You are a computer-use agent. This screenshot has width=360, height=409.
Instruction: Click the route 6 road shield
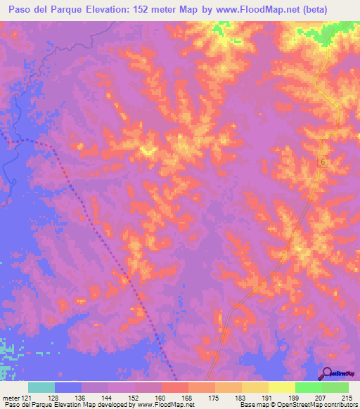[323, 162]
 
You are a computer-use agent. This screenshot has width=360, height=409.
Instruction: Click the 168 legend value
[188, 397]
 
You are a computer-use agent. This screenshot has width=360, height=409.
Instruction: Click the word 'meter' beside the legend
[11, 397]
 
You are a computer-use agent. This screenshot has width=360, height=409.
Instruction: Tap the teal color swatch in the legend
[41, 387]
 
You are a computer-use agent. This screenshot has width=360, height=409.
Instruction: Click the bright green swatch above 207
[308, 387]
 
